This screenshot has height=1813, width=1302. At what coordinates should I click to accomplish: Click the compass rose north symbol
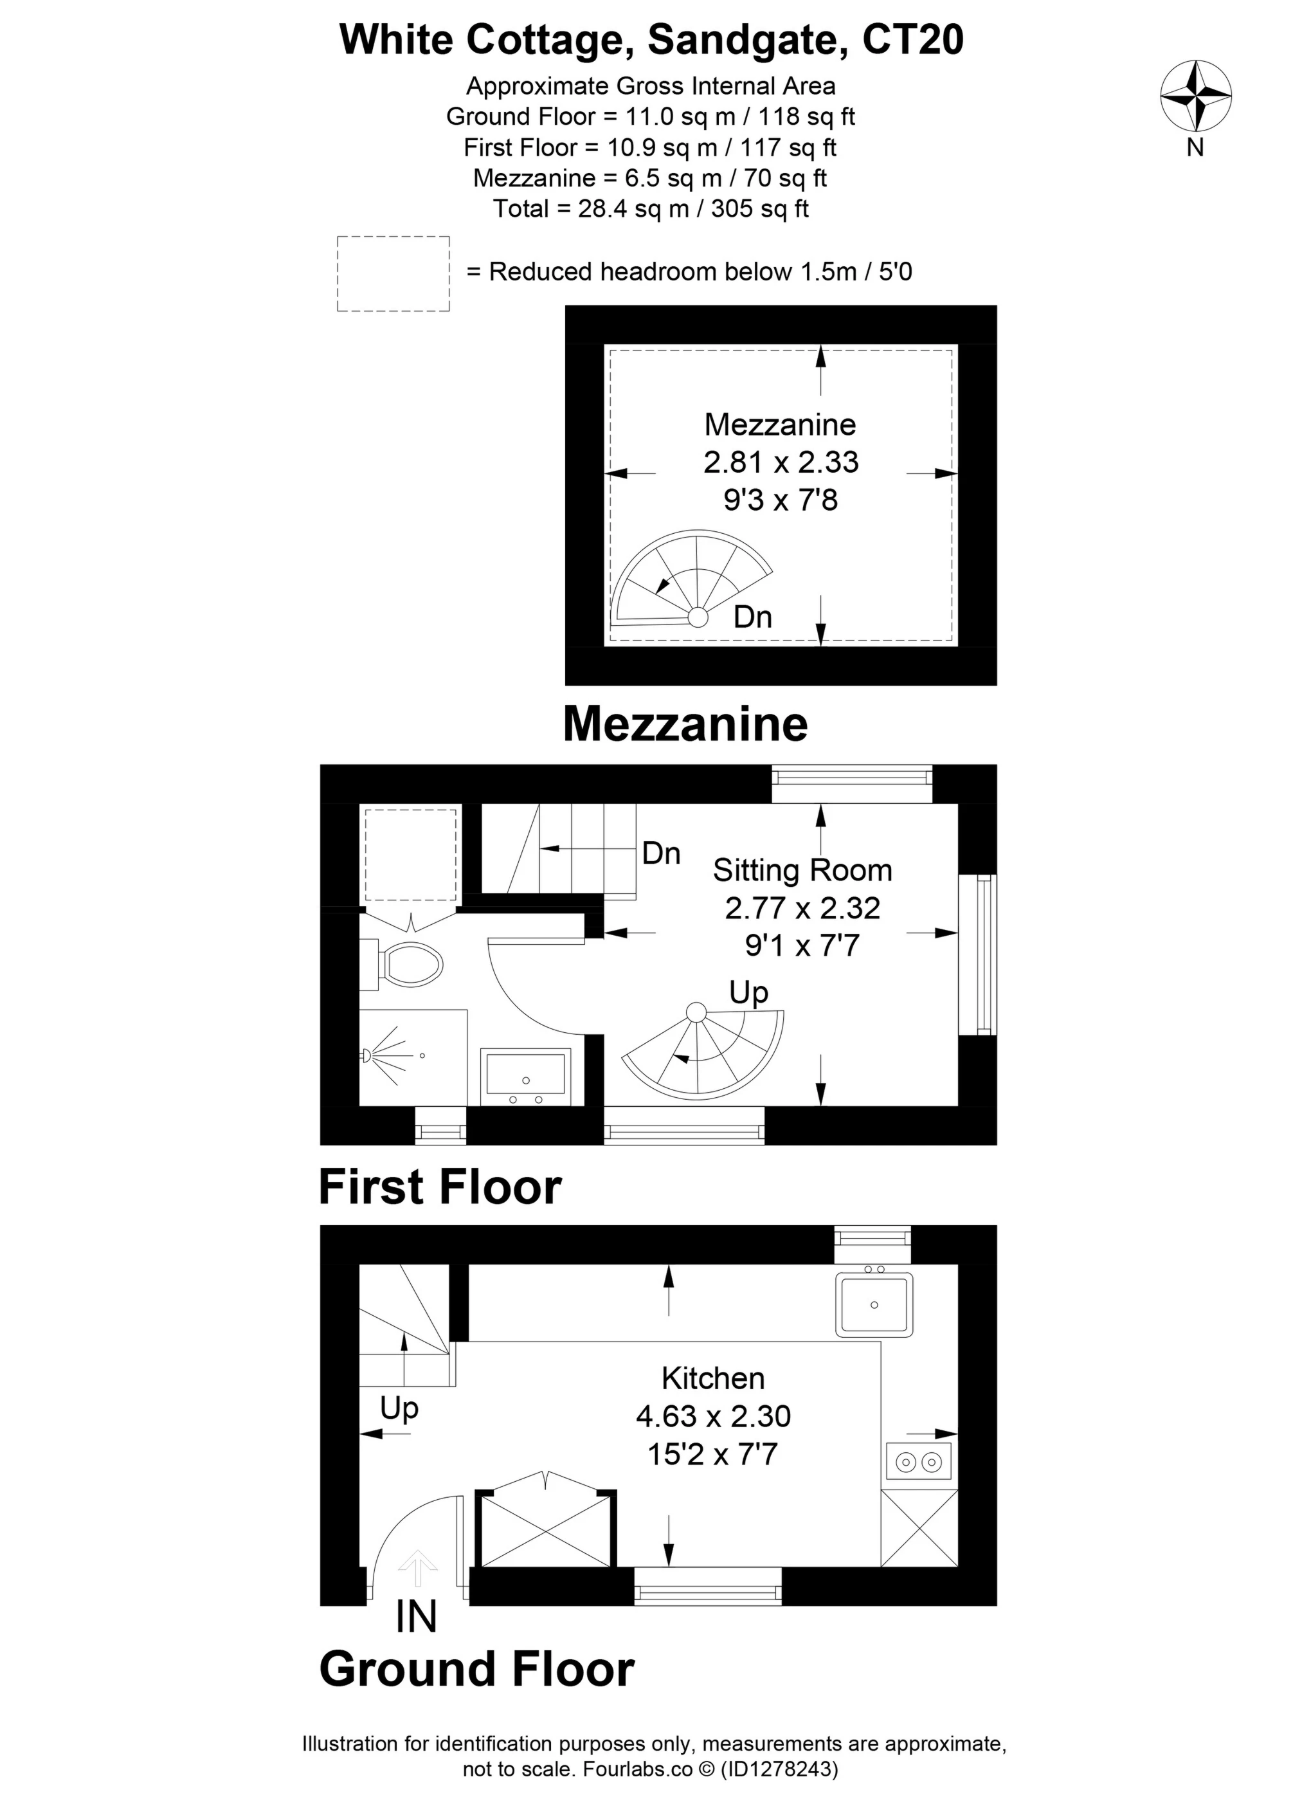click(x=1195, y=96)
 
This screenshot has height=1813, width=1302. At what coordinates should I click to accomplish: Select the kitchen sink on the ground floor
click(x=874, y=1304)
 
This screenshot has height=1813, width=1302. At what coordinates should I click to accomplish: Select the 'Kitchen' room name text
click(x=713, y=1378)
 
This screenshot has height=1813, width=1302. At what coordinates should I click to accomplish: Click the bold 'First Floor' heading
click(x=440, y=1188)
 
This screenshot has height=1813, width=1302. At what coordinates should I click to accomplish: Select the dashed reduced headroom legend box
click(x=393, y=273)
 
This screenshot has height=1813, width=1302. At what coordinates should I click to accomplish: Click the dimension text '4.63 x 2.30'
click(x=713, y=1416)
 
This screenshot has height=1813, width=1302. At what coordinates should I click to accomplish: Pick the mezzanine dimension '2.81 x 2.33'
click(x=781, y=462)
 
